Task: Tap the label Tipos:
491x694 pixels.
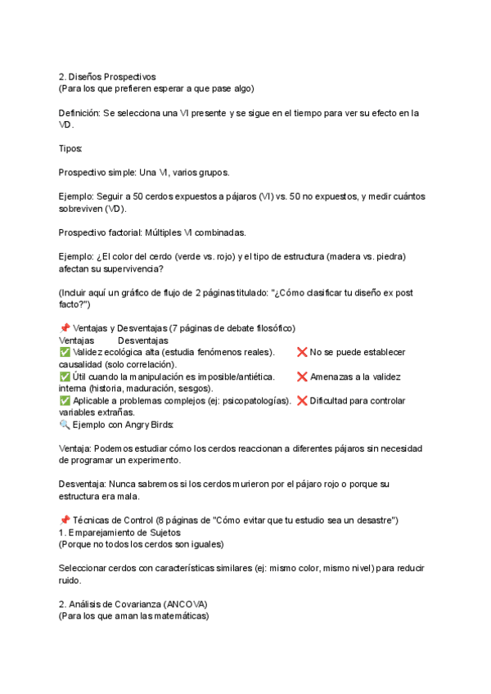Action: click(70, 149)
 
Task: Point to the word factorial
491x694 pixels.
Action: click(125, 233)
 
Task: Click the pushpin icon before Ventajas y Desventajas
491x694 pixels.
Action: click(65, 328)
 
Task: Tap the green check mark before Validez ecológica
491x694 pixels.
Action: click(65, 352)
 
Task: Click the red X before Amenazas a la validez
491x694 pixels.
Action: click(301, 376)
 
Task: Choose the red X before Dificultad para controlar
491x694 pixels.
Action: click(301, 401)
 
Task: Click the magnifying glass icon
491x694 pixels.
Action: click(65, 426)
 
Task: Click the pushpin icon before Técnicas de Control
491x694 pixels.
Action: click(65, 520)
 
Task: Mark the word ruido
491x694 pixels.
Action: click(70, 580)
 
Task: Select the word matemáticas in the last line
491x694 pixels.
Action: click(181, 616)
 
